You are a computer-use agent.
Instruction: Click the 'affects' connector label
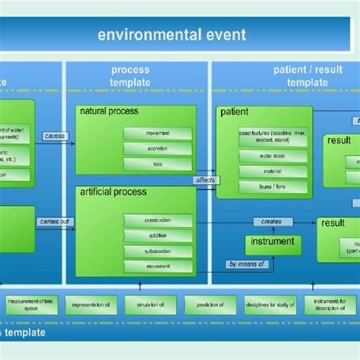[x=203, y=182]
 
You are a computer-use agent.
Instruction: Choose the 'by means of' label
[x=247, y=264]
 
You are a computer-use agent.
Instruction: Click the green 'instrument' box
[x=272, y=245]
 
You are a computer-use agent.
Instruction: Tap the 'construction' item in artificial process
[x=157, y=220]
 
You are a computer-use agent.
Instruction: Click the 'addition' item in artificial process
[x=157, y=235]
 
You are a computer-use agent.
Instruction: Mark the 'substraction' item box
[x=157, y=251]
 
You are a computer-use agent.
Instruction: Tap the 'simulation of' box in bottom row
[x=145, y=306]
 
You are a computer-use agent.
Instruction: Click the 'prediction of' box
[x=204, y=306]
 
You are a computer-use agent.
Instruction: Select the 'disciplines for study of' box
[x=264, y=306]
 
